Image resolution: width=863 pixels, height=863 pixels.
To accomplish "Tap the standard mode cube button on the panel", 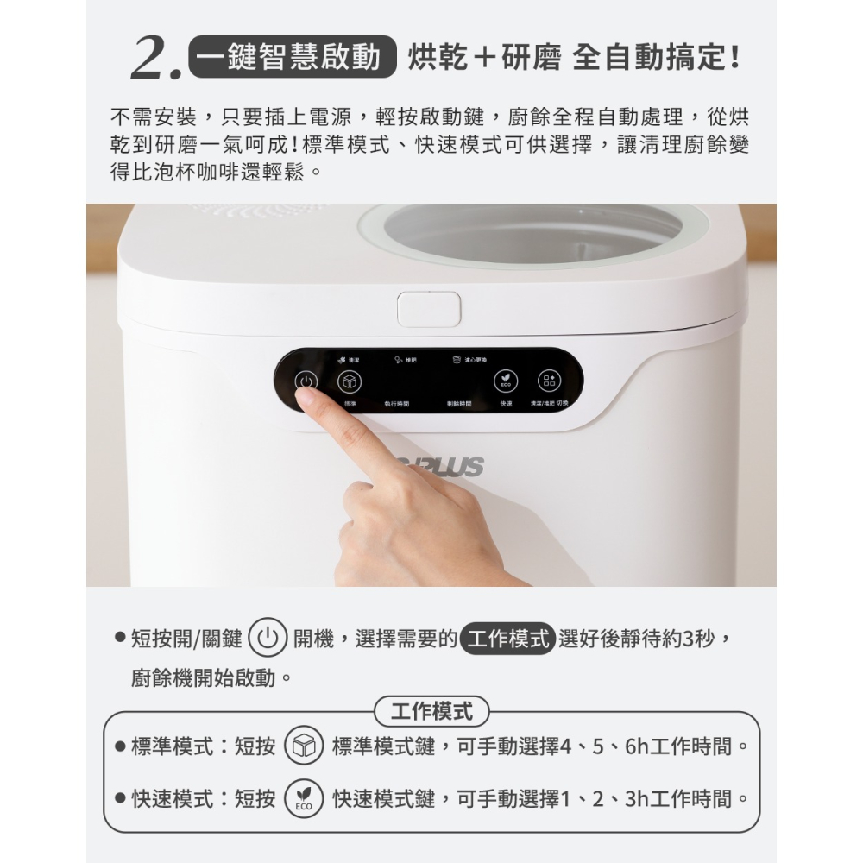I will [x=348, y=381].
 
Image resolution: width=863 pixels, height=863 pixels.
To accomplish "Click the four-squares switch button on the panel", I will [x=550, y=381].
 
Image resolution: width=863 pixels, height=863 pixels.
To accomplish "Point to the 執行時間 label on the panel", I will [x=397, y=404].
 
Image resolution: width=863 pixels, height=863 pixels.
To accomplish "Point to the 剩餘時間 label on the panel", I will [x=459, y=404].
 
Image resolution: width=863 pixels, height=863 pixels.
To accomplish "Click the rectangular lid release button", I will [x=429, y=309].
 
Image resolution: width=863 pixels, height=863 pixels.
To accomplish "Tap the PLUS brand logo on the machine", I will [x=453, y=467].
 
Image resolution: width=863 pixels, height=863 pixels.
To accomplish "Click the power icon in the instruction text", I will [x=267, y=639].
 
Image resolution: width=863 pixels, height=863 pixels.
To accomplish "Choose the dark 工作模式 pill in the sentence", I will [x=507, y=639].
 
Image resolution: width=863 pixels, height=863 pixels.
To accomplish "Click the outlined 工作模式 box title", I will [x=431, y=712].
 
